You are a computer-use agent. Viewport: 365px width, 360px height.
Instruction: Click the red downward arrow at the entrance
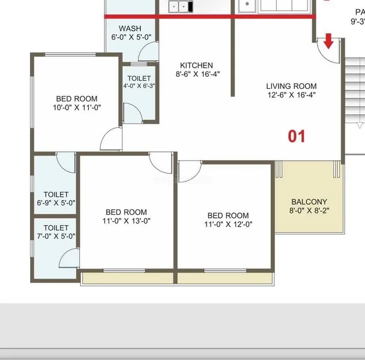click(x=329, y=42)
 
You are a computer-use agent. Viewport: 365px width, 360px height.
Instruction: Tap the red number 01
click(x=297, y=136)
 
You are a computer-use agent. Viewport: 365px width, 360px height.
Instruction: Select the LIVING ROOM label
click(x=291, y=86)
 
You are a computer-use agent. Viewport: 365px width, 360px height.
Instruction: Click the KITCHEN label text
click(x=196, y=65)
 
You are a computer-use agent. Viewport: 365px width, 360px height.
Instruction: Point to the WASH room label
click(x=130, y=28)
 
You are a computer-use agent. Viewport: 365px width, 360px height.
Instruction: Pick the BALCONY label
click(x=309, y=202)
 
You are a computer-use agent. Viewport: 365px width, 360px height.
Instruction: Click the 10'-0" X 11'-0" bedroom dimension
click(x=77, y=108)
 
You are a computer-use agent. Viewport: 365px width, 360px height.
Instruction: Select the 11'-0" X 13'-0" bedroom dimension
click(x=126, y=221)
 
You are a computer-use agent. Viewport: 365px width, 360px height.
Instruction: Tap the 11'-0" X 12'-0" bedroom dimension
click(x=228, y=224)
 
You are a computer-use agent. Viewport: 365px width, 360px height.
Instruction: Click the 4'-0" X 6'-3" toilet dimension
click(x=139, y=86)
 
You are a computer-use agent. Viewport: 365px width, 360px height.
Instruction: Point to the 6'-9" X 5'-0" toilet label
click(x=56, y=199)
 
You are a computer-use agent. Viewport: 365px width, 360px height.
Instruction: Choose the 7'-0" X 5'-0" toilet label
click(x=56, y=232)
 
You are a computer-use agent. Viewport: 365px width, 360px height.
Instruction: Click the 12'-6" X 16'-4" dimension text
click(x=291, y=95)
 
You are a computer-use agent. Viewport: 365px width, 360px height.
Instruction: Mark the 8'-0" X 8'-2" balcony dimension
click(x=309, y=211)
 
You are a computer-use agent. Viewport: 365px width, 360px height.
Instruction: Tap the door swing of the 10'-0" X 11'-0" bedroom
click(x=112, y=139)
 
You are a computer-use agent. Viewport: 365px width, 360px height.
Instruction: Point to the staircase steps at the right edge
click(x=354, y=90)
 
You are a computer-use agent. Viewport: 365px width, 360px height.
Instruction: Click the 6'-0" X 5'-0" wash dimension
click(x=130, y=37)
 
